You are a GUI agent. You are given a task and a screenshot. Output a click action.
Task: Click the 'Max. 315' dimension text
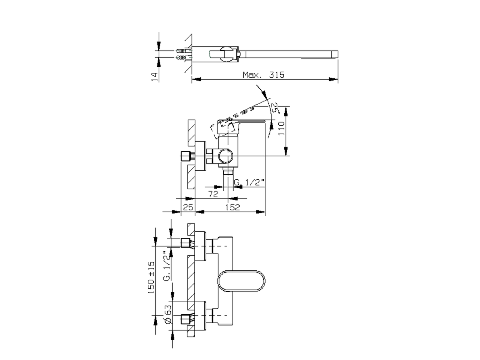click(x=264, y=75)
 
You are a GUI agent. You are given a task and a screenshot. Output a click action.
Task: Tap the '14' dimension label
click(x=154, y=77)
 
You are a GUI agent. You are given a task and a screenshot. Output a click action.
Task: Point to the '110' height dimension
click(x=282, y=128)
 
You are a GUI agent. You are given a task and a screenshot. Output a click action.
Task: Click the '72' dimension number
click(x=213, y=194)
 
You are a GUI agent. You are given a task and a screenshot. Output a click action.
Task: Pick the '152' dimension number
click(x=232, y=207)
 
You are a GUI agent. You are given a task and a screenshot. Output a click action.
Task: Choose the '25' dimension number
click(x=188, y=207)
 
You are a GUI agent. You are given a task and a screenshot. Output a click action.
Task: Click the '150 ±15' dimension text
click(x=151, y=277)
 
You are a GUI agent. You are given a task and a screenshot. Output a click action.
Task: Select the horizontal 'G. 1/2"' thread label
click(x=249, y=182)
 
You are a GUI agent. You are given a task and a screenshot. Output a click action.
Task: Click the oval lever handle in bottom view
click(x=241, y=281)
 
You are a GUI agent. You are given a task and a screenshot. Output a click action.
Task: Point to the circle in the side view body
click(x=226, y=156)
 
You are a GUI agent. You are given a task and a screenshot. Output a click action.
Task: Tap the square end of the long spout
click(x=335, y=54)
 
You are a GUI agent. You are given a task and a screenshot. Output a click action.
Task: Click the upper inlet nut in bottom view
click(x=185, y=243)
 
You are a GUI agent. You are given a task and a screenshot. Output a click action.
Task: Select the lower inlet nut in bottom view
click(x=185, y=319)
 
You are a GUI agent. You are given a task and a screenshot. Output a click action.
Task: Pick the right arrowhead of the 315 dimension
click(x=333, y=79)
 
